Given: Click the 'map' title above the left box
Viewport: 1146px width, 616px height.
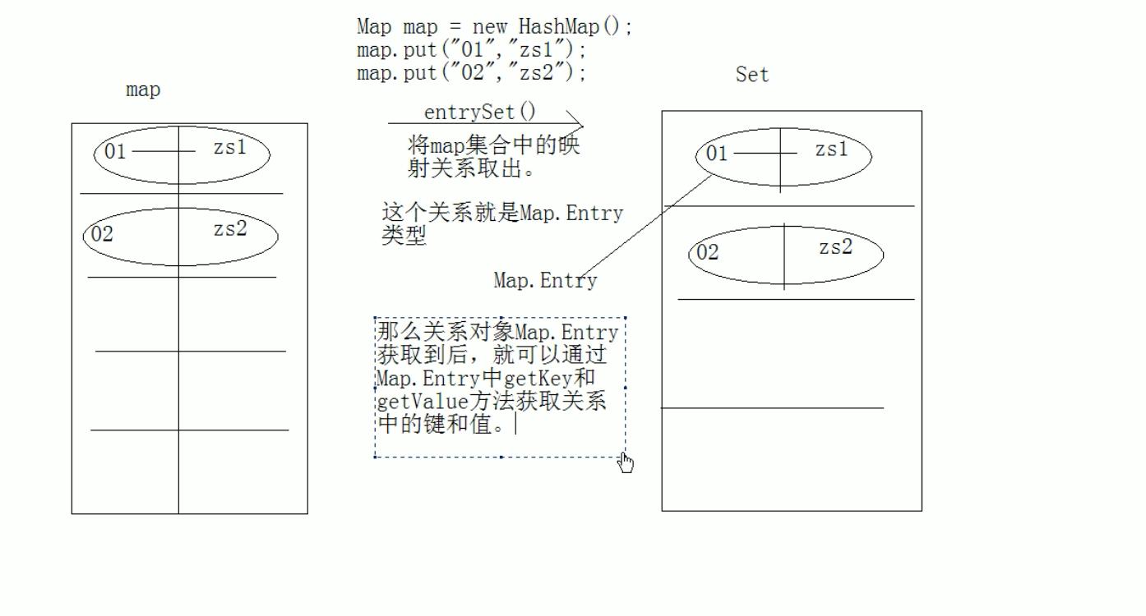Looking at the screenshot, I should pos(143,90).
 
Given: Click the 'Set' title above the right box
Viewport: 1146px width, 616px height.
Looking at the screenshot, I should pos(752,75).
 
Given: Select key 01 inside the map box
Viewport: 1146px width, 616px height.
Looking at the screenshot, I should pos(115,152).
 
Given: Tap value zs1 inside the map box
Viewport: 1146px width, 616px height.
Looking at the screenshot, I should pos(229,148).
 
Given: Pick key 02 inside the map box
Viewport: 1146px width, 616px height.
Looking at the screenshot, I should pos(102,235).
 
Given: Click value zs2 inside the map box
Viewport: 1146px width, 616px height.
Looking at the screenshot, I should pos(230,229).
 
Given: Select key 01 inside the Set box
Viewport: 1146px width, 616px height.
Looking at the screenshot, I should pos(717,154).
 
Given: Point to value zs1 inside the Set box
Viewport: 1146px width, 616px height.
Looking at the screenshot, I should pos(831,149).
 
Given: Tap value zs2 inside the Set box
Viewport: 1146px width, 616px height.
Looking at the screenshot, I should pos(835,247).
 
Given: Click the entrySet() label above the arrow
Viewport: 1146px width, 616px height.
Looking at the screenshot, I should pos(479,112).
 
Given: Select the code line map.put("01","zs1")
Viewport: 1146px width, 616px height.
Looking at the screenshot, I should pos(472,50).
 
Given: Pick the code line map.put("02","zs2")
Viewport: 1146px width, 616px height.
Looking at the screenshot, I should pos(472,73).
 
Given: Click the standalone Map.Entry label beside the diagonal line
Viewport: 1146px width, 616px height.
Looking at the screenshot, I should pos(545,281).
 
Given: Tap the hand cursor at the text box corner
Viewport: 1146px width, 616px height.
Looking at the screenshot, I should pos(626,464).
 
